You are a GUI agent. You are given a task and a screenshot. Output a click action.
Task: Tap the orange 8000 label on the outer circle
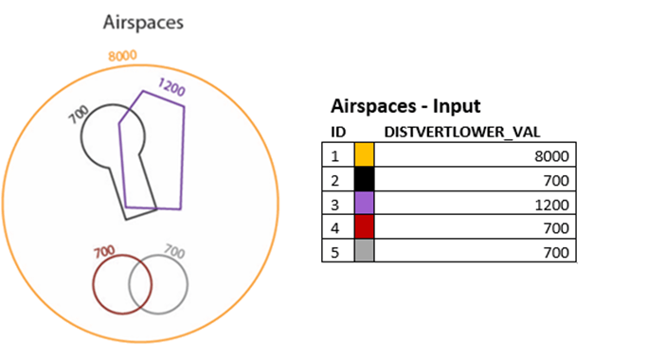click(x=123, y=56)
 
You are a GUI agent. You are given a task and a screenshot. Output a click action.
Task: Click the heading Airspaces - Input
click(x=404, y=106)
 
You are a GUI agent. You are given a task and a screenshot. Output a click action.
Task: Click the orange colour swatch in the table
click(x=365, y=153)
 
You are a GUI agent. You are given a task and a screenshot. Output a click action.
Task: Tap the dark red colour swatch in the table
click(x=365, y=227)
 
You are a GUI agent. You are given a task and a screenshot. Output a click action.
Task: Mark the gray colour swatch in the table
click(x=365, y=251)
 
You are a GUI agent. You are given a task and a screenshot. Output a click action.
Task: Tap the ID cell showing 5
click(x=334, y=252)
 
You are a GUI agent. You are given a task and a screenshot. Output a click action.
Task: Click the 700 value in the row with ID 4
click(x=556, y=228)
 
